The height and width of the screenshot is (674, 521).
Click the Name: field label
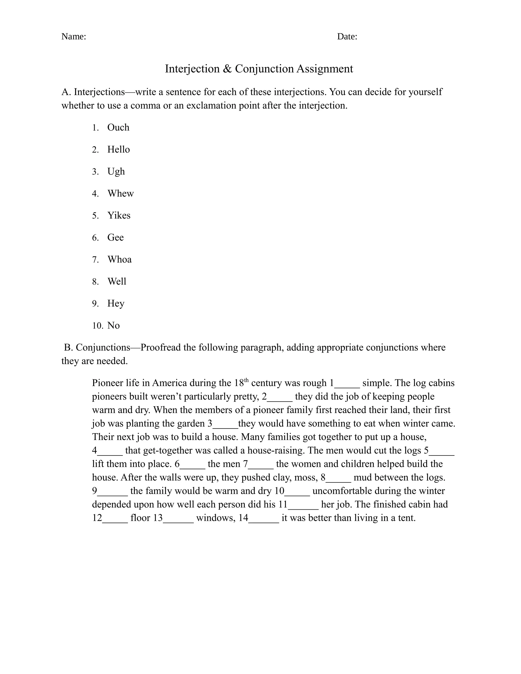click(74, 36)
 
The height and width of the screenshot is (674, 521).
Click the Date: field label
click(347, 36)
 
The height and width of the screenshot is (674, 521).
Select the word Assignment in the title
click(324, 68)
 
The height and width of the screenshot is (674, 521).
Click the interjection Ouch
click(118, 127)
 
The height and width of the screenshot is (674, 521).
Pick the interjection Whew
click(120, 194)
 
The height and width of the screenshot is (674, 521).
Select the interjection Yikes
click(119, 215)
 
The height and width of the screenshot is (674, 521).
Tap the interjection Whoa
click(120, 259)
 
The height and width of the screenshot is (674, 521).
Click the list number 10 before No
click(97, 326)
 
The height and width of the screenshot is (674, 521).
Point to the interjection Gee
click(115, 237)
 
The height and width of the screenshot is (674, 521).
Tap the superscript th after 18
click(246, 380)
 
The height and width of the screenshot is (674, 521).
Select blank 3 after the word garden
click(226, 424)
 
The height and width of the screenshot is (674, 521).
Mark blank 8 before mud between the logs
click(339, 478)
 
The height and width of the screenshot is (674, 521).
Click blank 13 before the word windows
click(178, 518)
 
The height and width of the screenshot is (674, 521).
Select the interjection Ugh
click(116, 172)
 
